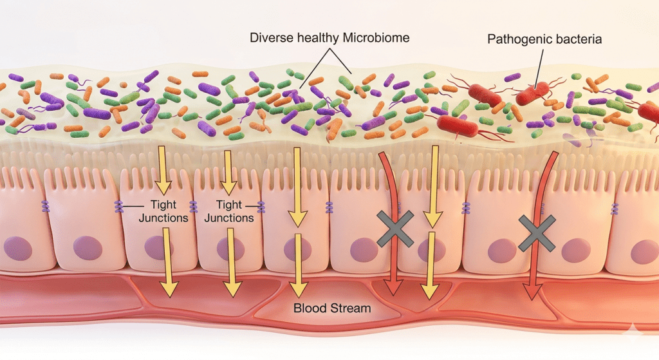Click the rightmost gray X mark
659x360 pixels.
click(x=536, y=233)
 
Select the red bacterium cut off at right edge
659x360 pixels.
click(x=649, y=113)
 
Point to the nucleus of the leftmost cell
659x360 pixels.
click(x=17, y=247)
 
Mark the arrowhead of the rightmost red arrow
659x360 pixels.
click(x=530, y=293)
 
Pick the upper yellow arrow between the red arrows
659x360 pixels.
click(x=434, y=184)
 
